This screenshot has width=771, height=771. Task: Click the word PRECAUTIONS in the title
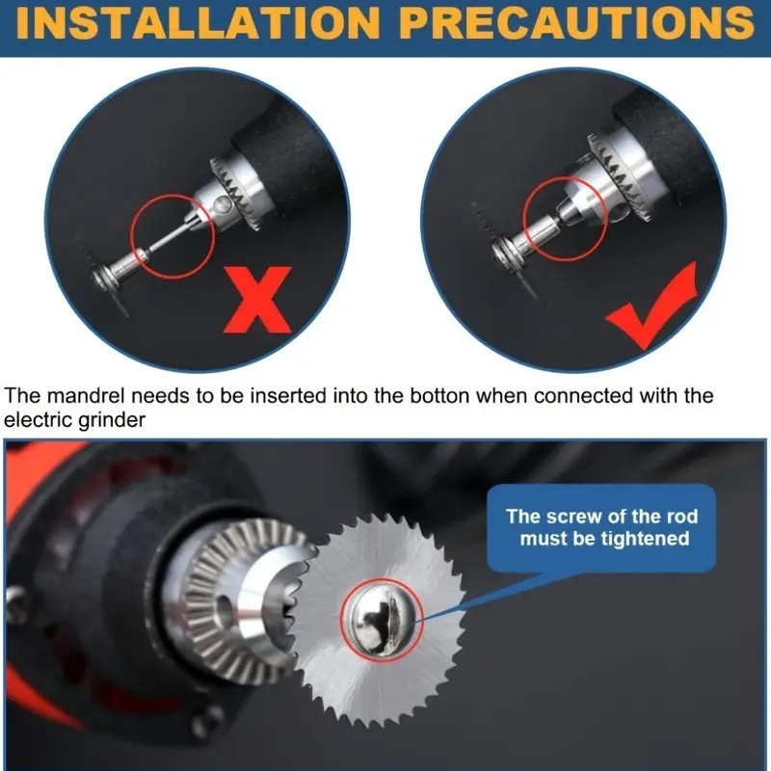(x=576, y=22)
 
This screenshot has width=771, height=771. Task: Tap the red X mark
(x=257, y=300)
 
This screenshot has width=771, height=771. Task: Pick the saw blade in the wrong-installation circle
(x=103, y=277)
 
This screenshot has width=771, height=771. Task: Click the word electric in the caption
(x=39, y=420)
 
